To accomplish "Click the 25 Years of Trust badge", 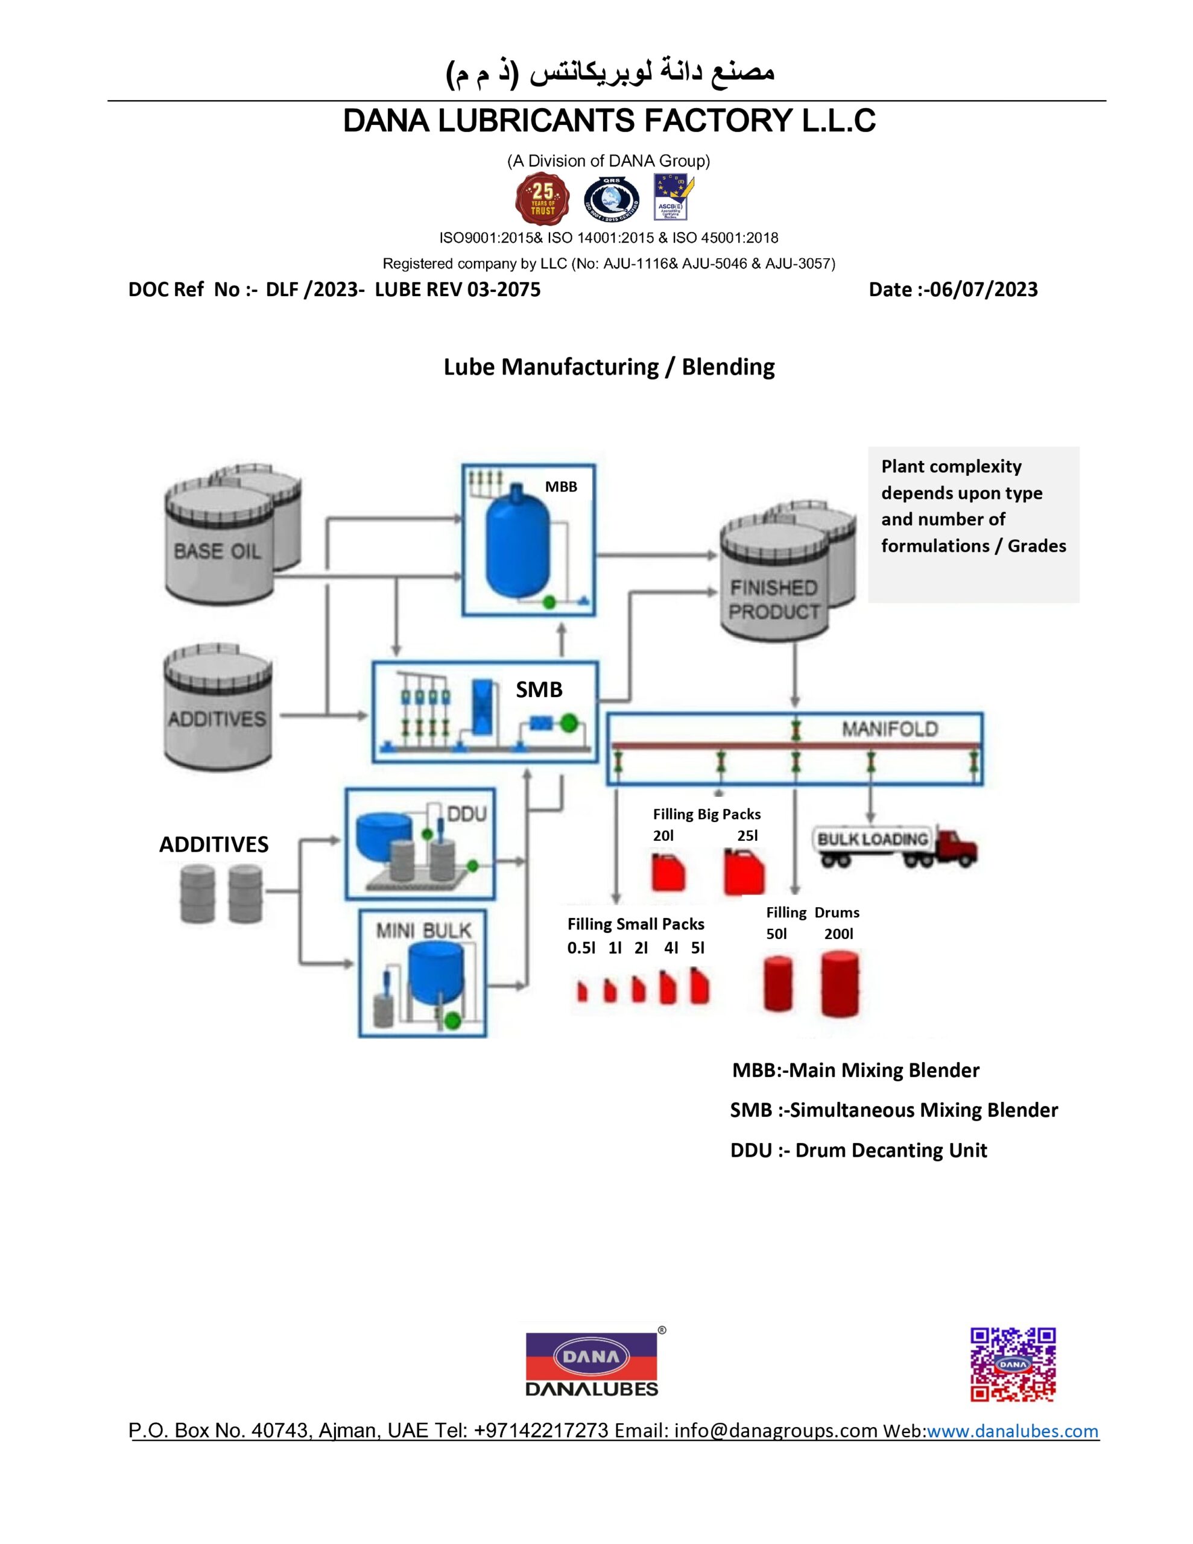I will [542, 198].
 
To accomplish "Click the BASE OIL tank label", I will [217, 551].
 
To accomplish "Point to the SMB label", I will [539, 689].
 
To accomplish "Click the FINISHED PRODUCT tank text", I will [774, 600].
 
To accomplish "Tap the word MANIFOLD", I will [889, 729].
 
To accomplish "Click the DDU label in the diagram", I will [467, 814].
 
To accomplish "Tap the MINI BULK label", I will [423, 931].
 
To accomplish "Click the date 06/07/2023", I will [984, 289].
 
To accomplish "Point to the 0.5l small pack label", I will [581, 948].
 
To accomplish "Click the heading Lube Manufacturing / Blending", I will [609, 367].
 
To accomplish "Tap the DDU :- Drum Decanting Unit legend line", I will [858, 1150].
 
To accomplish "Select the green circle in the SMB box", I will [569, 723].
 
